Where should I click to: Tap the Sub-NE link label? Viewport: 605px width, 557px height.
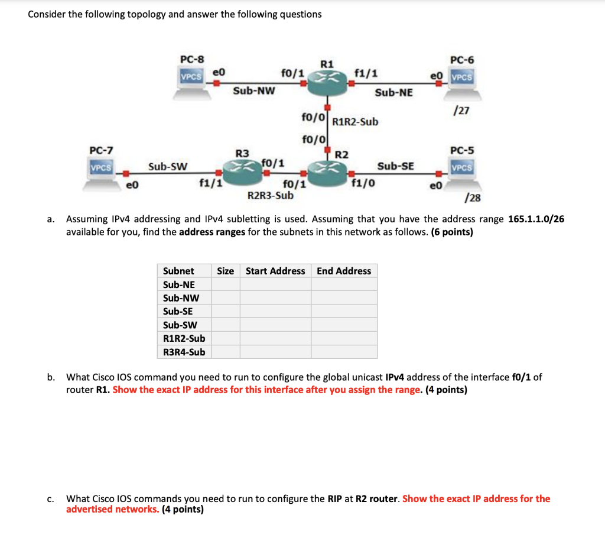[x=394, y=93]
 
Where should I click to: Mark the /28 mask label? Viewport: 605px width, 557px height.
[x=473, y=197]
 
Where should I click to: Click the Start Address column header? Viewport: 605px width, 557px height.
[x=275, y=271]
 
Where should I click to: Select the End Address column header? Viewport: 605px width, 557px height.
[x=344, y=271]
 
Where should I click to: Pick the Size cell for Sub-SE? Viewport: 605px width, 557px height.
[x=225, y=311]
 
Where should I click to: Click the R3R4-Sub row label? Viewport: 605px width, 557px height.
[x=184, y=352]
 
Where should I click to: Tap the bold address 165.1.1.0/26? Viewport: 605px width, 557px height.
[x=536, y=219]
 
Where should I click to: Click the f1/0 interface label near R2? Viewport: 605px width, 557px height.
[x=363, y=183]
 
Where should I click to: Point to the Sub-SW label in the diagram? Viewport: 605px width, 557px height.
[x=168, y=167]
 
